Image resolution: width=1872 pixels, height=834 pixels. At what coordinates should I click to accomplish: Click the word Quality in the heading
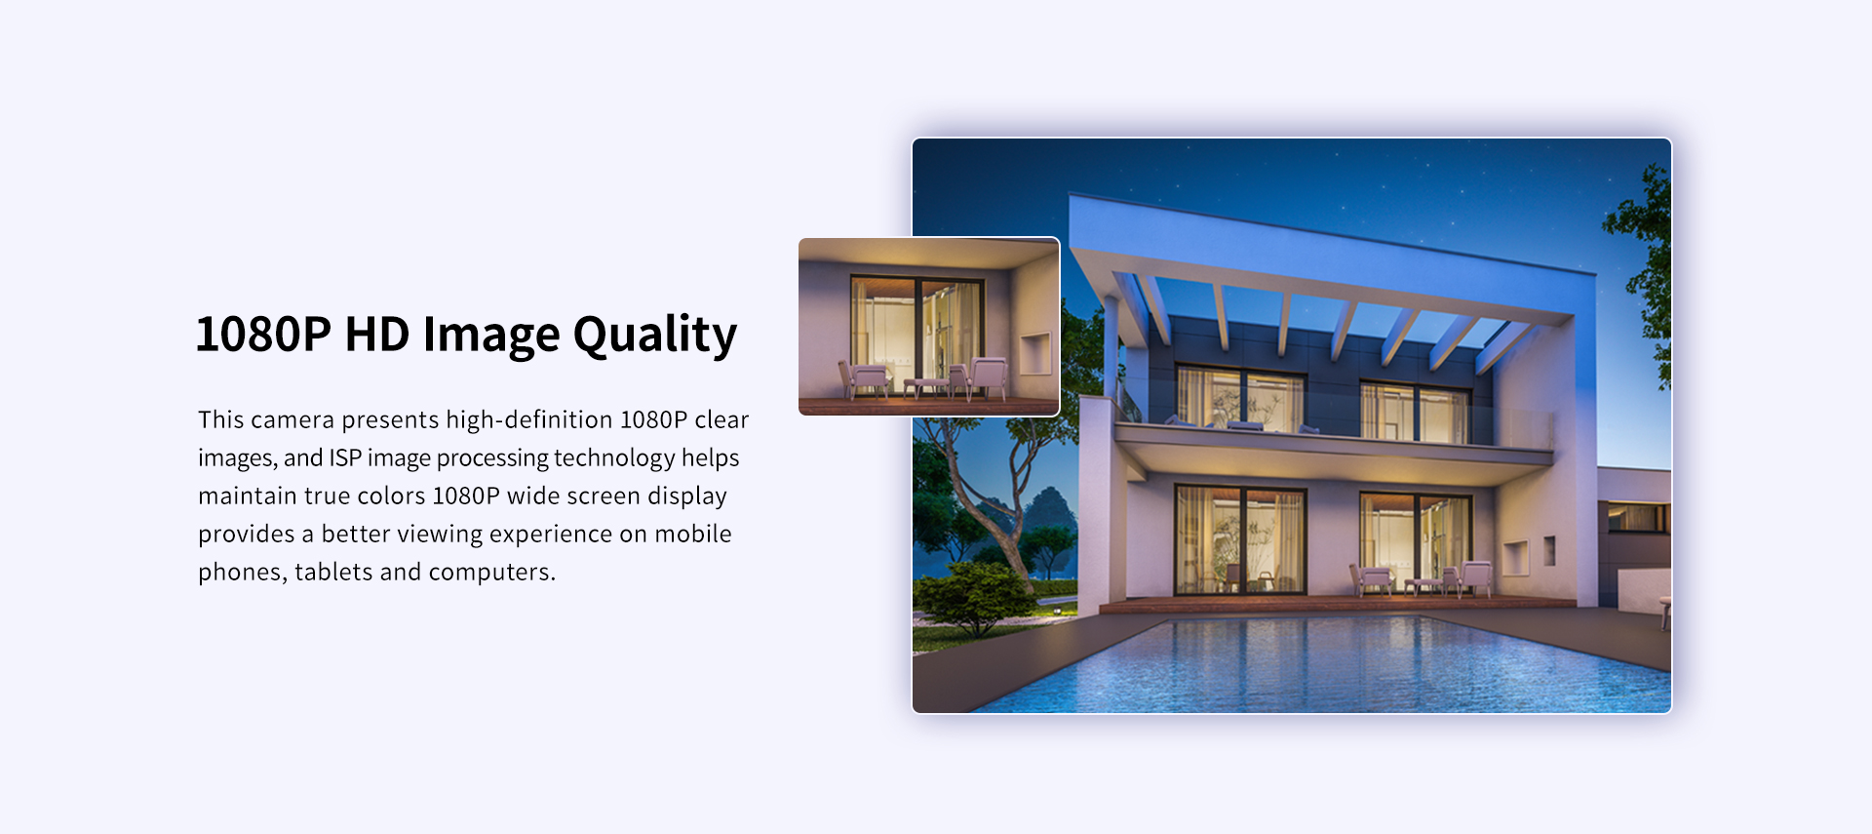tap(654, 336)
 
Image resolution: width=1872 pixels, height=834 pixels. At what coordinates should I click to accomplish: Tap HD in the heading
tap(376, 335)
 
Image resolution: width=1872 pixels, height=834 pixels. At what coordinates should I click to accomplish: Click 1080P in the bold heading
tap(263, 335)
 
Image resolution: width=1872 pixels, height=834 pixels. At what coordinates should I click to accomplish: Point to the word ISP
tap(345, 457)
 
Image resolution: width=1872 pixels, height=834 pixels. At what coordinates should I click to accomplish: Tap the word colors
tap(391, 496)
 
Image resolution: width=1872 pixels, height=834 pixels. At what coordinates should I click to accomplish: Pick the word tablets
tap(333, 572)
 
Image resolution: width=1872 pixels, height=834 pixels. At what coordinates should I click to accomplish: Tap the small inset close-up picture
tap(928, 327)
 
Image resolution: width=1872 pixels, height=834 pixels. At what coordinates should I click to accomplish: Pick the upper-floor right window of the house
tap(1415, 410)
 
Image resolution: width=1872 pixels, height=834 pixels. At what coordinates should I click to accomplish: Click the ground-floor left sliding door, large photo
tap(1239, 539)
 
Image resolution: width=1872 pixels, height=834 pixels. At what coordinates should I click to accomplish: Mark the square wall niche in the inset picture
tap(1034, 352)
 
